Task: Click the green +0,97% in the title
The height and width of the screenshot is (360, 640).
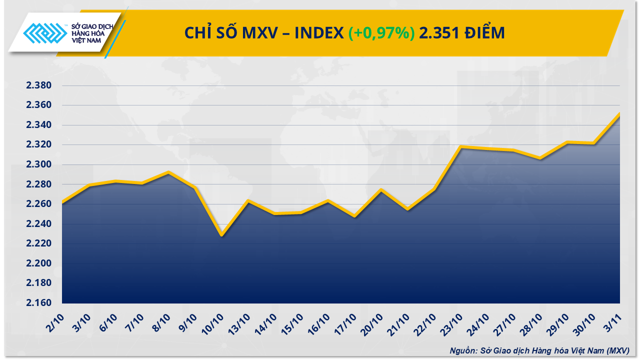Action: coord(381,33)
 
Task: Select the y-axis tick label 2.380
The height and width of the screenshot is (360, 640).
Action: coord(39,85)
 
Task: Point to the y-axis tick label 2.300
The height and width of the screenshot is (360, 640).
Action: coord(39,164)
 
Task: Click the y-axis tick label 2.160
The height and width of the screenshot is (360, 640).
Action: coord(39,303)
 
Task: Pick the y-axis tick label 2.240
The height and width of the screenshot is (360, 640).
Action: coord(39,224)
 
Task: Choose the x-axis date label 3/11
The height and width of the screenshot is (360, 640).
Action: coord(612,320)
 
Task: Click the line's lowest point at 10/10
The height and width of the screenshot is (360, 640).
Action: coord(221,235)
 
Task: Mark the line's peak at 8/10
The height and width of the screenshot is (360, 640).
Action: coord(168,172)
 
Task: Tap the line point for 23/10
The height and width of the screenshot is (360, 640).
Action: coord(460,147)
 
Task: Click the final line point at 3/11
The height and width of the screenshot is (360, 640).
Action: coord(619,114)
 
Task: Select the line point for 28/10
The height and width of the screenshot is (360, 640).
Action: coord(540,158)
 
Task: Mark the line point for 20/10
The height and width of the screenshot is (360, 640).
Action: coord(381,189)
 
